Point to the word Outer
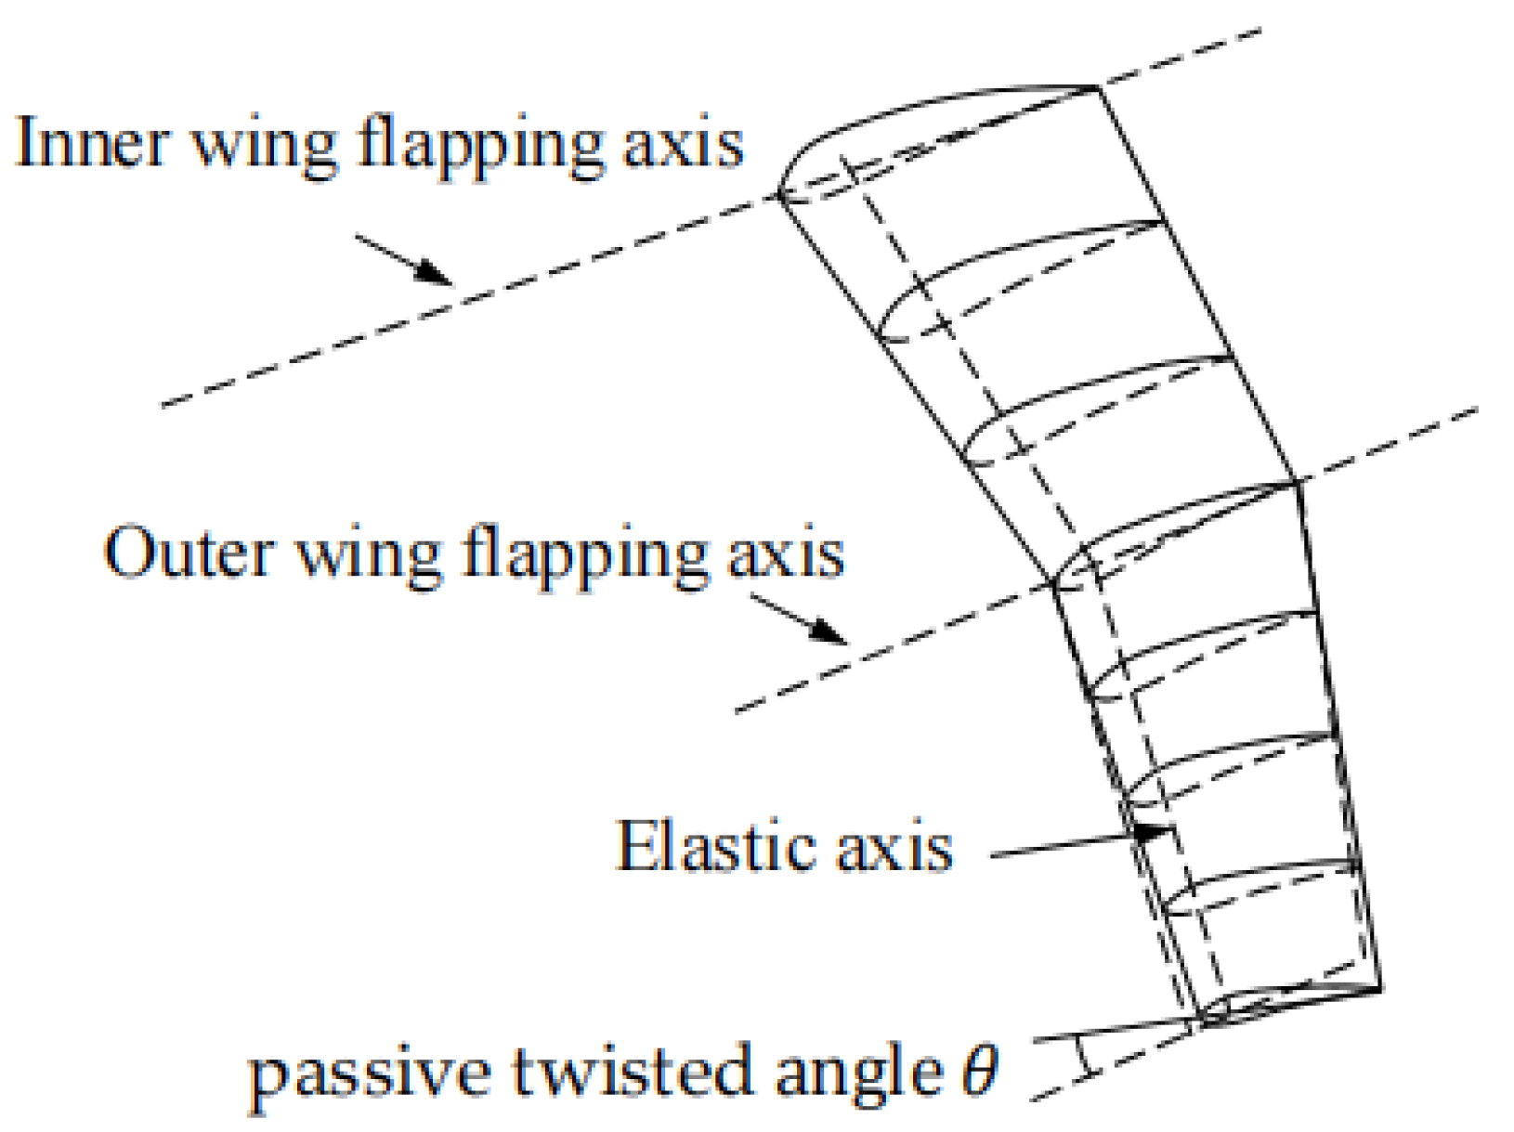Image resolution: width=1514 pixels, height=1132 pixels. [x=189, y=554]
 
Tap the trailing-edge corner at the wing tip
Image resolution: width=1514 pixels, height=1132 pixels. [x=1379, y=988]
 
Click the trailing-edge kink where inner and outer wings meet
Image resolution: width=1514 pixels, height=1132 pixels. [x=1297, y=483]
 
